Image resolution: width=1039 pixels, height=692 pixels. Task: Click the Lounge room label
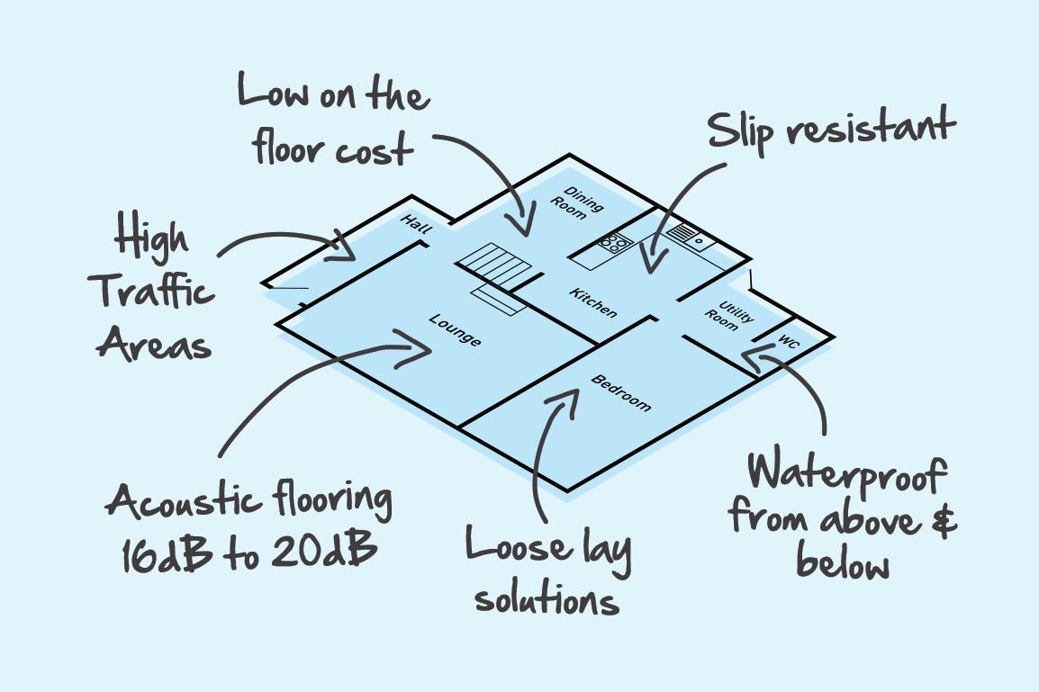tap(455, 329)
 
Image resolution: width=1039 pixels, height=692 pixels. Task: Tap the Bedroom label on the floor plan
tap(620, 392)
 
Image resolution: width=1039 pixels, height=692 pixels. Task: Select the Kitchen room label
tap(593, 301)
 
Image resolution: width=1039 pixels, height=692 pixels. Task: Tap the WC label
tap(789, 343)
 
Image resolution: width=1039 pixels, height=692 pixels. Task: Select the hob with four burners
tap(614, 241)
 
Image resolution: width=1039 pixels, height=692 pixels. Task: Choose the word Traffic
tap(154, 292)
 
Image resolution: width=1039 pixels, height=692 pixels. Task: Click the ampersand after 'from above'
tap(941, 521)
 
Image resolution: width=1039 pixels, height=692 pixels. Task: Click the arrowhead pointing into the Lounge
tap(420, 349)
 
